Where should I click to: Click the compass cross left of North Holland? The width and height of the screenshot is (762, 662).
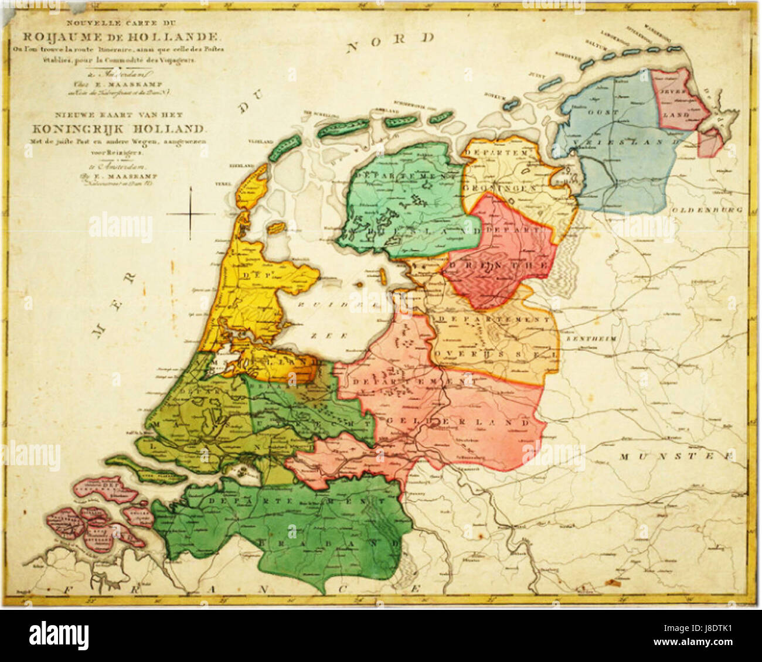point(191,214)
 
